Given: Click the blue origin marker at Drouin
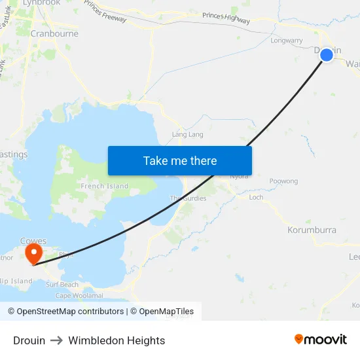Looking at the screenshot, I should (327, 55).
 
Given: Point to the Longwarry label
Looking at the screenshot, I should (287, 41).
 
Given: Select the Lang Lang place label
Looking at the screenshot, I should (187, 135).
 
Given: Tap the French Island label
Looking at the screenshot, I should (105, 186).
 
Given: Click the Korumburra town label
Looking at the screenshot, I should (312, 230).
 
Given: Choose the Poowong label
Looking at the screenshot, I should (283, 181).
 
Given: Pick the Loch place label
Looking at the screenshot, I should (256, 197).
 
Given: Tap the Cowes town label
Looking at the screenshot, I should (33, 241).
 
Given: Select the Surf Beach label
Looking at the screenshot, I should (62, 285).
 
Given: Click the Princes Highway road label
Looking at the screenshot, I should (226, 18).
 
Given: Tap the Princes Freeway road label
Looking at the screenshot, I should (105, 12).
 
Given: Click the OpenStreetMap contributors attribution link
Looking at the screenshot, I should (67, 312).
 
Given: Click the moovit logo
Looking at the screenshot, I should (321, 340).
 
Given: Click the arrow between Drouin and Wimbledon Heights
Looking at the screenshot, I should (57, 340).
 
